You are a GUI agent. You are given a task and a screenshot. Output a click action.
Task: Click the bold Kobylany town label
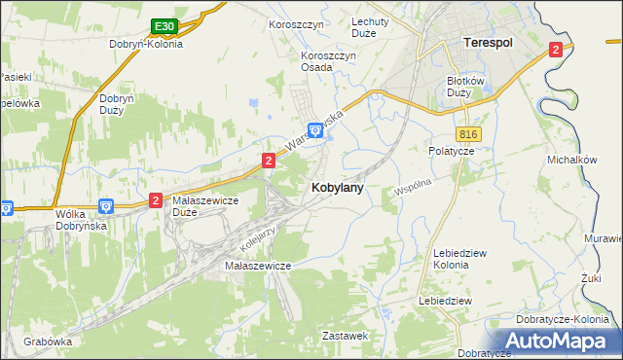tap(338, 189)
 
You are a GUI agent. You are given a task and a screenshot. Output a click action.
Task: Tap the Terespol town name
tap(487, 44)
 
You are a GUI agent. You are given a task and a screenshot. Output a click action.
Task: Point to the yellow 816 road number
tap(465, 132)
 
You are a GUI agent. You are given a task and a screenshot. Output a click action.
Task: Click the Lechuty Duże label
tap(370, 27)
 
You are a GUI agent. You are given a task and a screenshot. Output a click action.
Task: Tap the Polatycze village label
tap(451, 152)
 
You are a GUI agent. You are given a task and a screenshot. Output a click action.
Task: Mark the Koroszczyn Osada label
tap(329, 60)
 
